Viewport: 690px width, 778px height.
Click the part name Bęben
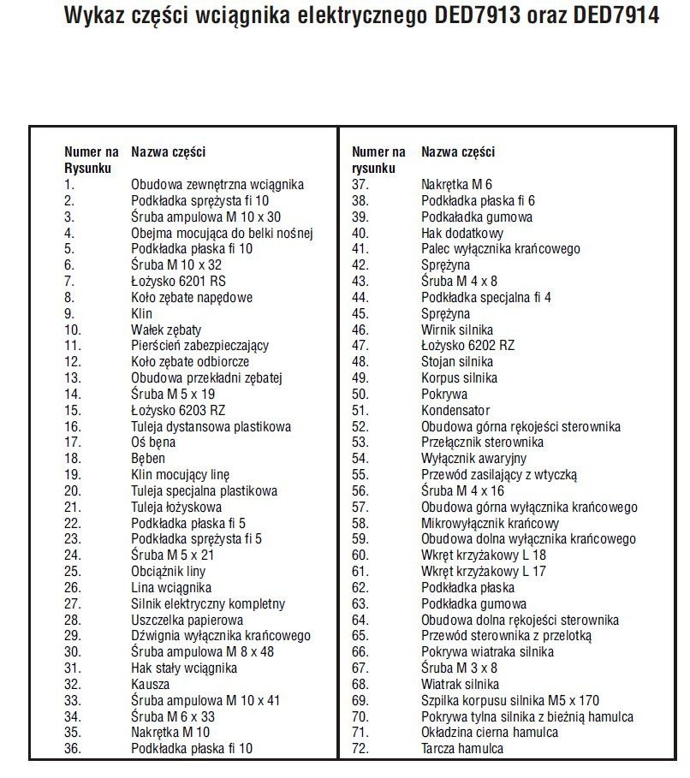click(x=148, y=459)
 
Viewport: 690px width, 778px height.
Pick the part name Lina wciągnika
click(x=171, y=588)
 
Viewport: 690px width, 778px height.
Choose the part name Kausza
click(x=150, y=685)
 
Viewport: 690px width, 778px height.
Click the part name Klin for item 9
click(x=141, y=313)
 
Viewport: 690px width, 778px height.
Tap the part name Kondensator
click(x=455, y=410)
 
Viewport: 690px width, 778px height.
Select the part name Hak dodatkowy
click(x=462, y=233)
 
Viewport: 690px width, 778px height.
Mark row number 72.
click(x=360, y=749)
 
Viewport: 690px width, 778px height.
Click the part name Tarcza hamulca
click(x=462, y=749)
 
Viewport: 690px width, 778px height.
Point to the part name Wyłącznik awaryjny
click(x=467, y=459)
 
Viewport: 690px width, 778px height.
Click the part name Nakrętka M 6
click(x=456, y=184)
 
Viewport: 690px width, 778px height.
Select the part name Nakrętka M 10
click(x=170, y=733)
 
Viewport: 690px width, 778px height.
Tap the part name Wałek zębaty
click(x=166, y=330)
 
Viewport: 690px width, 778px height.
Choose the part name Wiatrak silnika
click(x=461, y=685)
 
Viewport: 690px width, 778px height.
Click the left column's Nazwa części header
click(x=168, y=152)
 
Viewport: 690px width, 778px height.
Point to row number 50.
click(x=360, y=395)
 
